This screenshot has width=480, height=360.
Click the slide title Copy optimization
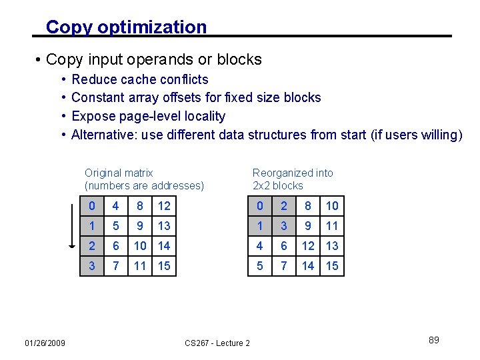(x=126, y=27)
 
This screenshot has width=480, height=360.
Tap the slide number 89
(x=434, y=340)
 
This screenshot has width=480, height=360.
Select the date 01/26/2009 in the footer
(x=45, y=343)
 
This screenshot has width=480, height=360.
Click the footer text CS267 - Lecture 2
(x=217, y=343)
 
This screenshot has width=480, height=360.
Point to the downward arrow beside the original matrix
(x=73, y=227)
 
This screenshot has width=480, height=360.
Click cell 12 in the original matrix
(x=164, y=206)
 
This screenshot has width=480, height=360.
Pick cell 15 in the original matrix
(x=164, y=266)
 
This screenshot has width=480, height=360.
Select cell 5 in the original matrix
(x=116, y=226)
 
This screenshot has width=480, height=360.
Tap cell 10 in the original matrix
(x=140, y=246)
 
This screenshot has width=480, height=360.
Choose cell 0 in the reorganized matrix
(x=260, y=206)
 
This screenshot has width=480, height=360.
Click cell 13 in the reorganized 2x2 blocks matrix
(x=332, y=246)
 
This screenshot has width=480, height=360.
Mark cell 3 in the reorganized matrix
(x=284, y=226)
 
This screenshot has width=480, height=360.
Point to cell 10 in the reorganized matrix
(x=332, y=206)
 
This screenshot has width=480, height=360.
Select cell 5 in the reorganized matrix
(x=260, y=266)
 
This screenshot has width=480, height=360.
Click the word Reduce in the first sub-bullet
(x=93, y=79)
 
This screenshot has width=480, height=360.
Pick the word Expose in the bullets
(x=93, y=116)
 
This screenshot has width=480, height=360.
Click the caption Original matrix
(x=119, y=173)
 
